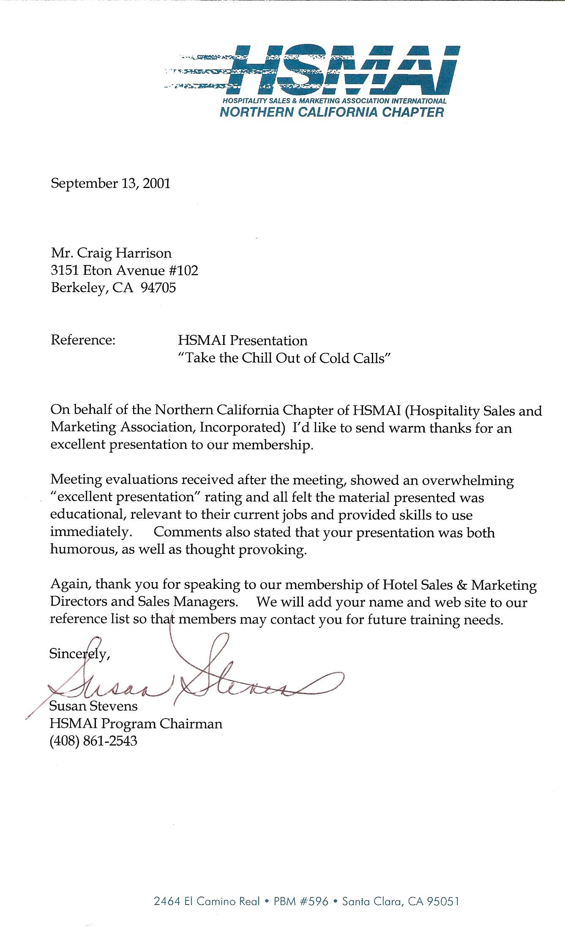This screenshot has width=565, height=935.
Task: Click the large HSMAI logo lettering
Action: [x=342, y=70]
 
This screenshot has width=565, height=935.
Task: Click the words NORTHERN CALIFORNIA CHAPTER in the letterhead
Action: [x=332, y=112]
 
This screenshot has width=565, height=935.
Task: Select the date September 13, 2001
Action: [x=110, y=183]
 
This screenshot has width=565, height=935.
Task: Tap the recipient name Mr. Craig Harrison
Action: [x=111, y=253]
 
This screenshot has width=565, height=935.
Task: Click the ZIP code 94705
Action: [x=158, y=288]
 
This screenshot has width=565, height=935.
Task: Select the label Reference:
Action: [x=83, y=340]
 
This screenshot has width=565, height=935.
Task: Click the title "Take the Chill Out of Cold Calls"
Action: [x=284, y=358]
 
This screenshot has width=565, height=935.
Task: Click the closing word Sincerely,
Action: [x=80, y=654]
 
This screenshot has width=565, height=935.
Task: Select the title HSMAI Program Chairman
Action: [x=136, y=724]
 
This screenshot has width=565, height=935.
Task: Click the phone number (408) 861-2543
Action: [x=93, y=741]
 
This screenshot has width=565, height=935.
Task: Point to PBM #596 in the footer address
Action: [x=300, y=901]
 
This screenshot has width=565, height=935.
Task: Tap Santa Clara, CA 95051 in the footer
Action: [x=400, y=901]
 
